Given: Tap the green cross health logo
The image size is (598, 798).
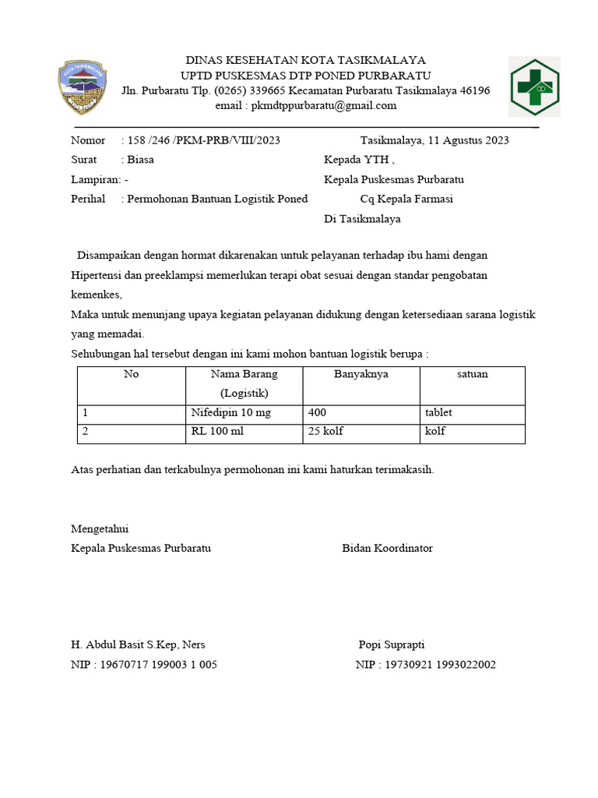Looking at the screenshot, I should point(533,87).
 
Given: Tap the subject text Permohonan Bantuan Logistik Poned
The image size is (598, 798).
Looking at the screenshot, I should point(217,199).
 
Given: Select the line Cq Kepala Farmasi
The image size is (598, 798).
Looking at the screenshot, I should point(406,199).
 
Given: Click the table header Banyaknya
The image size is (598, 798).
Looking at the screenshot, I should point(361,375).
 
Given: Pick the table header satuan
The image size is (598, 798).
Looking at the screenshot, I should point(472,375).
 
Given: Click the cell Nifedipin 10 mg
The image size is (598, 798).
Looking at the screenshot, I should point(231,412).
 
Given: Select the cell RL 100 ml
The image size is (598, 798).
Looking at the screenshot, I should point(217,431).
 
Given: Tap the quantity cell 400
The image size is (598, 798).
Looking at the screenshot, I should point(318,412).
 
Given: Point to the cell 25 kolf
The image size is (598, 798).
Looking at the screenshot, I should point(326,431).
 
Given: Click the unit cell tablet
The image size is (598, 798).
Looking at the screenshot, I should point(438,412).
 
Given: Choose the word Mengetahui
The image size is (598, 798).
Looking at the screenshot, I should point(99,528).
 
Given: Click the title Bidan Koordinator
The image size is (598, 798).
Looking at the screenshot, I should point(387,548).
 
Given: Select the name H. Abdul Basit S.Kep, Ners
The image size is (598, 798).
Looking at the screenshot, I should point(138,645).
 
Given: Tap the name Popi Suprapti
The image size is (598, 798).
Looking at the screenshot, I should point(391,645).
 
